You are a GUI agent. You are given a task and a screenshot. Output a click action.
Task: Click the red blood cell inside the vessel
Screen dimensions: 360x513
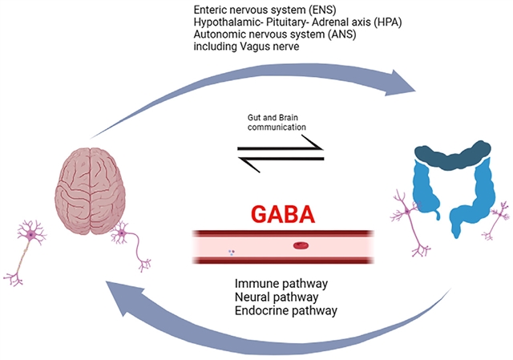pos(301,246)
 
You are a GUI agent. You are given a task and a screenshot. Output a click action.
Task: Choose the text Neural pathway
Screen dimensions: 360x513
pos(277,297)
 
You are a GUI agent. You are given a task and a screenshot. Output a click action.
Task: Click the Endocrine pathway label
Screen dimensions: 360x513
pos(285,310)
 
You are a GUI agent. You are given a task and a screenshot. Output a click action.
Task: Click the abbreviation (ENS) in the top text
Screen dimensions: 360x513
pos(316,9)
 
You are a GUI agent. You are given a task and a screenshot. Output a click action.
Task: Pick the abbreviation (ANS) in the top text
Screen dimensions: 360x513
pos(337,34)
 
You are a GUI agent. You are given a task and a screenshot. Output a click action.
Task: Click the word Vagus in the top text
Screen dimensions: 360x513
pos(261,47)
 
